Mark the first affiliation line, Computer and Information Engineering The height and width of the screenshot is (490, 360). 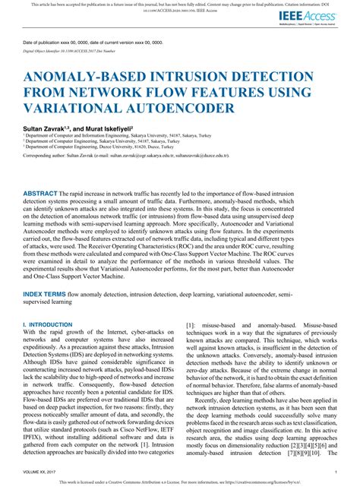[x=106, y=134]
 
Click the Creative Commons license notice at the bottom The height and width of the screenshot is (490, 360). [x=180, y=483]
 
